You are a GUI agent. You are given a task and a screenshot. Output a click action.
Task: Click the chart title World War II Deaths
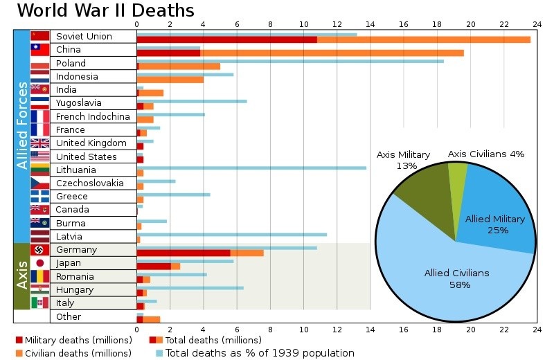(x=105, y=11)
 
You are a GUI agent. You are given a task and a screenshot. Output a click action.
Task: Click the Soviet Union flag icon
(x=40, y=36)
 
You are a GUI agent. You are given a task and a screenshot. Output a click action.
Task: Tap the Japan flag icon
(x=40, y=263)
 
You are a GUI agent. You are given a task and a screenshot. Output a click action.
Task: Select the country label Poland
(x=71, y=63)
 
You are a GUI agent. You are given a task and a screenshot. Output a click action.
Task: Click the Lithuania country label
(x=76, y=170)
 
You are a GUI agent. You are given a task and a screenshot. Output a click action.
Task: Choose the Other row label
(x=69, y=316)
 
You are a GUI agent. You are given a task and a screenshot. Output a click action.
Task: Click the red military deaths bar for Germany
(x=184, y=253)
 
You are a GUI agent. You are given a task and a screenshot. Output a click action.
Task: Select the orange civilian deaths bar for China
(x=332, y=53)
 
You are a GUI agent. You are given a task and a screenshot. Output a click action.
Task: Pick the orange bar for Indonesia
(x=170, y=80)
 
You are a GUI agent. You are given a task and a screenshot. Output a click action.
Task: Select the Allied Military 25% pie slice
(x=499, y=215)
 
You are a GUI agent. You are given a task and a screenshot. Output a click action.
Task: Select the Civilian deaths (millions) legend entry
(x=73, y=353)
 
